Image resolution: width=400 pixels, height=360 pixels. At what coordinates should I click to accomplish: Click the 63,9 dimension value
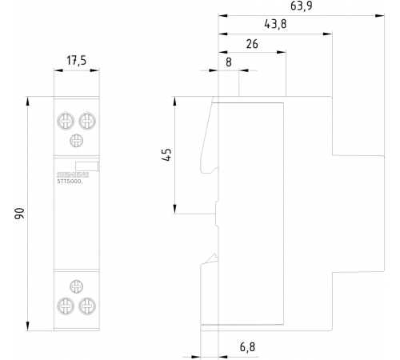pyautogui.click(x=301, y=6)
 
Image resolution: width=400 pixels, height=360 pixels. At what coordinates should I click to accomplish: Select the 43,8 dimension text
pyautogui.click(x=275, y=24)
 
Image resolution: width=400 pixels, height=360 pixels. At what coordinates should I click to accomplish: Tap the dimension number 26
pyautogui.click(x=252, y=44)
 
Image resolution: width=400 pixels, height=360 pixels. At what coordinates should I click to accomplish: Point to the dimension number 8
pyautogui.click(x=229, y=62)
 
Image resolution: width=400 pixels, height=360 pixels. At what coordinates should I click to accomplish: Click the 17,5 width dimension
pyautogui.click(x=77, y=61)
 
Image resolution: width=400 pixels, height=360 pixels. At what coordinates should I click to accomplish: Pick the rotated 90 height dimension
pyautogui.click(x=19, y=214)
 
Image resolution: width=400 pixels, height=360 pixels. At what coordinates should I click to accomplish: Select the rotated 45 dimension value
pyautogui.click(x=166, y=154)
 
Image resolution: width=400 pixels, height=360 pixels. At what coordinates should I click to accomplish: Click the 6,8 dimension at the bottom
pyautogui.click(x=247, y=347)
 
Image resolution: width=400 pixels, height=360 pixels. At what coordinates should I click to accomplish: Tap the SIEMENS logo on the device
pyautogui.click(x=73, y=175)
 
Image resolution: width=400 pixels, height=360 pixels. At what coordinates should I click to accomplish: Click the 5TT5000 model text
pyautogui.click(x=70, y=182)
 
